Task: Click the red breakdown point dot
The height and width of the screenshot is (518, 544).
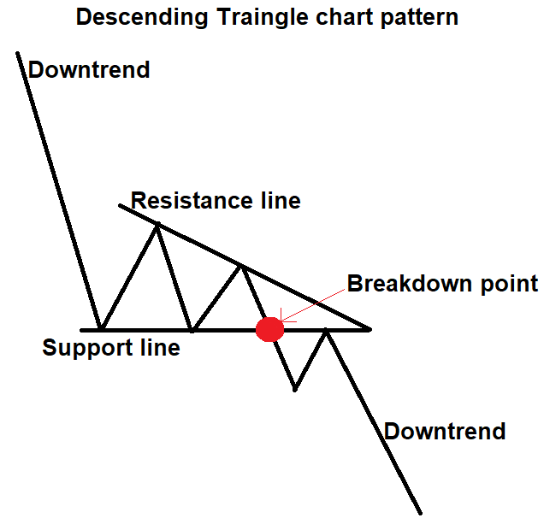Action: click(x=269, y=329)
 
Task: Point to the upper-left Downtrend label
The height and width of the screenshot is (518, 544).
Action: click(x=89, y=69)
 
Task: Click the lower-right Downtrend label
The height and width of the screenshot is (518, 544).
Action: click(x=445, y=431)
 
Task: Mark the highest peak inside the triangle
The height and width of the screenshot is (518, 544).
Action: click(x=157, y=225)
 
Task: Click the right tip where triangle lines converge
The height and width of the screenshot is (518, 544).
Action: click(x=369, y=328)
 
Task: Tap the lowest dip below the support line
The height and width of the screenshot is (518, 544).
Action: click(x=294, y=390)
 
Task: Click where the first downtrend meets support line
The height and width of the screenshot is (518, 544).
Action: click(x=101, y=328)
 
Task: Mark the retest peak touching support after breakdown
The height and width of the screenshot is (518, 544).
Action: click(x=327, y=330)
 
